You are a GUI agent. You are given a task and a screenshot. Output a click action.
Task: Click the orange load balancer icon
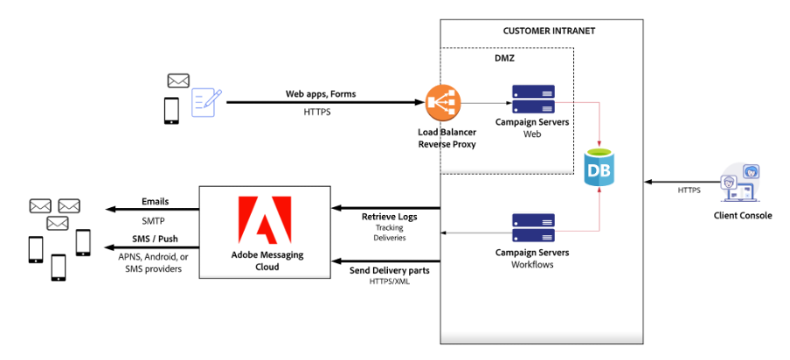pos(440,102)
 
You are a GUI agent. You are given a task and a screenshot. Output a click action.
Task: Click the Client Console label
pos(744,216)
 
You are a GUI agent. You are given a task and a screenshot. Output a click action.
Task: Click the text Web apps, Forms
pos(321,93)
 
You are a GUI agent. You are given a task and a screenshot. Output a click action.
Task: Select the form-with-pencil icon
pos(206,102)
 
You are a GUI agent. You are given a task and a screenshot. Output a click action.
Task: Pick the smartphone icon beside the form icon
pos(173,111)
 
